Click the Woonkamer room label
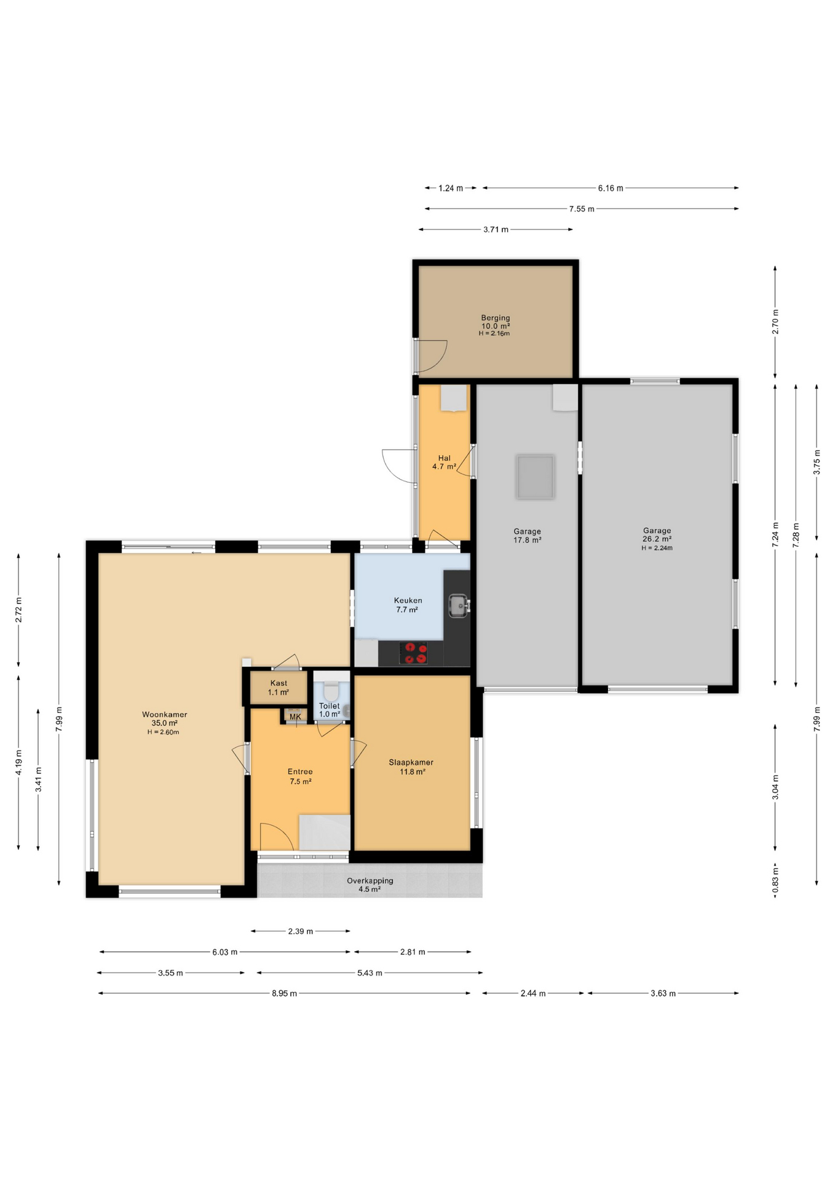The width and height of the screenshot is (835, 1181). tap(164, 715)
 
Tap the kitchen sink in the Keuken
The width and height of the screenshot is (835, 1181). tap(459, 605)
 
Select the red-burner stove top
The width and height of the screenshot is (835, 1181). tap(413, 653)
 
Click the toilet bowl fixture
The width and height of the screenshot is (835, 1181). tap(331, 690)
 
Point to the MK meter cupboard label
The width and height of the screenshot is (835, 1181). tap(295, 717)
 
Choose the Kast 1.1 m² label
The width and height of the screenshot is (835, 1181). tap(279, 688)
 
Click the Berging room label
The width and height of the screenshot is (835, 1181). tap(496, 318)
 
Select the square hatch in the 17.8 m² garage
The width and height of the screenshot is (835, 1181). tap(536, 477)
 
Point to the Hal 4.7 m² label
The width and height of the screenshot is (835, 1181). tap(444, 463)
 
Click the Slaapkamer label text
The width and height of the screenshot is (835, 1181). tap(411, 762)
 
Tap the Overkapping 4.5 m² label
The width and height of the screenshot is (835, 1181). tap(370, 885)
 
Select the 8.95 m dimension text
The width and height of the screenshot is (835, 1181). tap(284, 993)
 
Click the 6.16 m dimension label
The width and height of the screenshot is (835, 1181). tap(611, 188)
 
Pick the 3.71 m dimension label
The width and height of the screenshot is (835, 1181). tap(496, 230)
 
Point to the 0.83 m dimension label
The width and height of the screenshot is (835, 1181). tap(775, 880)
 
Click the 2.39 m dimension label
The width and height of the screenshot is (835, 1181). tap(301, 931)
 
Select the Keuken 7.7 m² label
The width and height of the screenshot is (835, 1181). tap(408, 605)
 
